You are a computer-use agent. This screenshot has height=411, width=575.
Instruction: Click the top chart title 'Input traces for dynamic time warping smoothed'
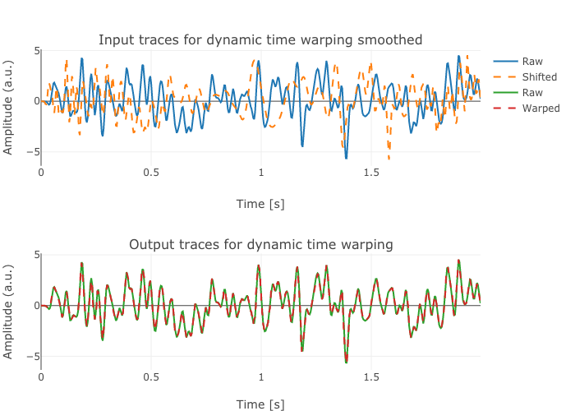coord(260,39)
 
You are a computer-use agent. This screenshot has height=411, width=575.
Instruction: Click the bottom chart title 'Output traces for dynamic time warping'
coord(260,244)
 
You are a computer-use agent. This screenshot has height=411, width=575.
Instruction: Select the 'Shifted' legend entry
coord(540,77)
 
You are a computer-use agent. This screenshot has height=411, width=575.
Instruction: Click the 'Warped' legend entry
coord(540,109)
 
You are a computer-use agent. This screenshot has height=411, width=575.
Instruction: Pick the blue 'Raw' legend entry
coord(532,62)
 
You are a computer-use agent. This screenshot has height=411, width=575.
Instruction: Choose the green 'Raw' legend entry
coord(532,93)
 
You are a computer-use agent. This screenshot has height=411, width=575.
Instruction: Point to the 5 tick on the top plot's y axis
coord(37,51)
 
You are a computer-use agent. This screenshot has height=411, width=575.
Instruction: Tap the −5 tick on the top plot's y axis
coord(34,152)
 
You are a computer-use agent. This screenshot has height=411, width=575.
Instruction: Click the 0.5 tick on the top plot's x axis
coord(151,173)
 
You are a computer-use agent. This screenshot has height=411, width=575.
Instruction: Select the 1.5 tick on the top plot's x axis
coord(370,173)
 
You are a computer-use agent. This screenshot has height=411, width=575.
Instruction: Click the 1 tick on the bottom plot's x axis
coord(261,376)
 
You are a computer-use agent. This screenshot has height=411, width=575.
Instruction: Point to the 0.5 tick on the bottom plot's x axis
coord(151,376)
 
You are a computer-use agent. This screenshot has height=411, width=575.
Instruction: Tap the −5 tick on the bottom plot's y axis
coord(34,357)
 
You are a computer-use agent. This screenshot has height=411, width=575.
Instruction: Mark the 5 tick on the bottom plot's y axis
coord(37,255)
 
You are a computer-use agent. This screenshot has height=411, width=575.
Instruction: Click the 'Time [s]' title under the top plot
coord(260,204)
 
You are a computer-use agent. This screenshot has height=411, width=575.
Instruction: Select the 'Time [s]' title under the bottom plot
coord(260,404)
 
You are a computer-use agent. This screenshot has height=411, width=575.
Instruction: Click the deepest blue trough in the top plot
coord(346,158)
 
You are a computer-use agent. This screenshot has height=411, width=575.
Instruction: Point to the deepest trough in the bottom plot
coord(346,362)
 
